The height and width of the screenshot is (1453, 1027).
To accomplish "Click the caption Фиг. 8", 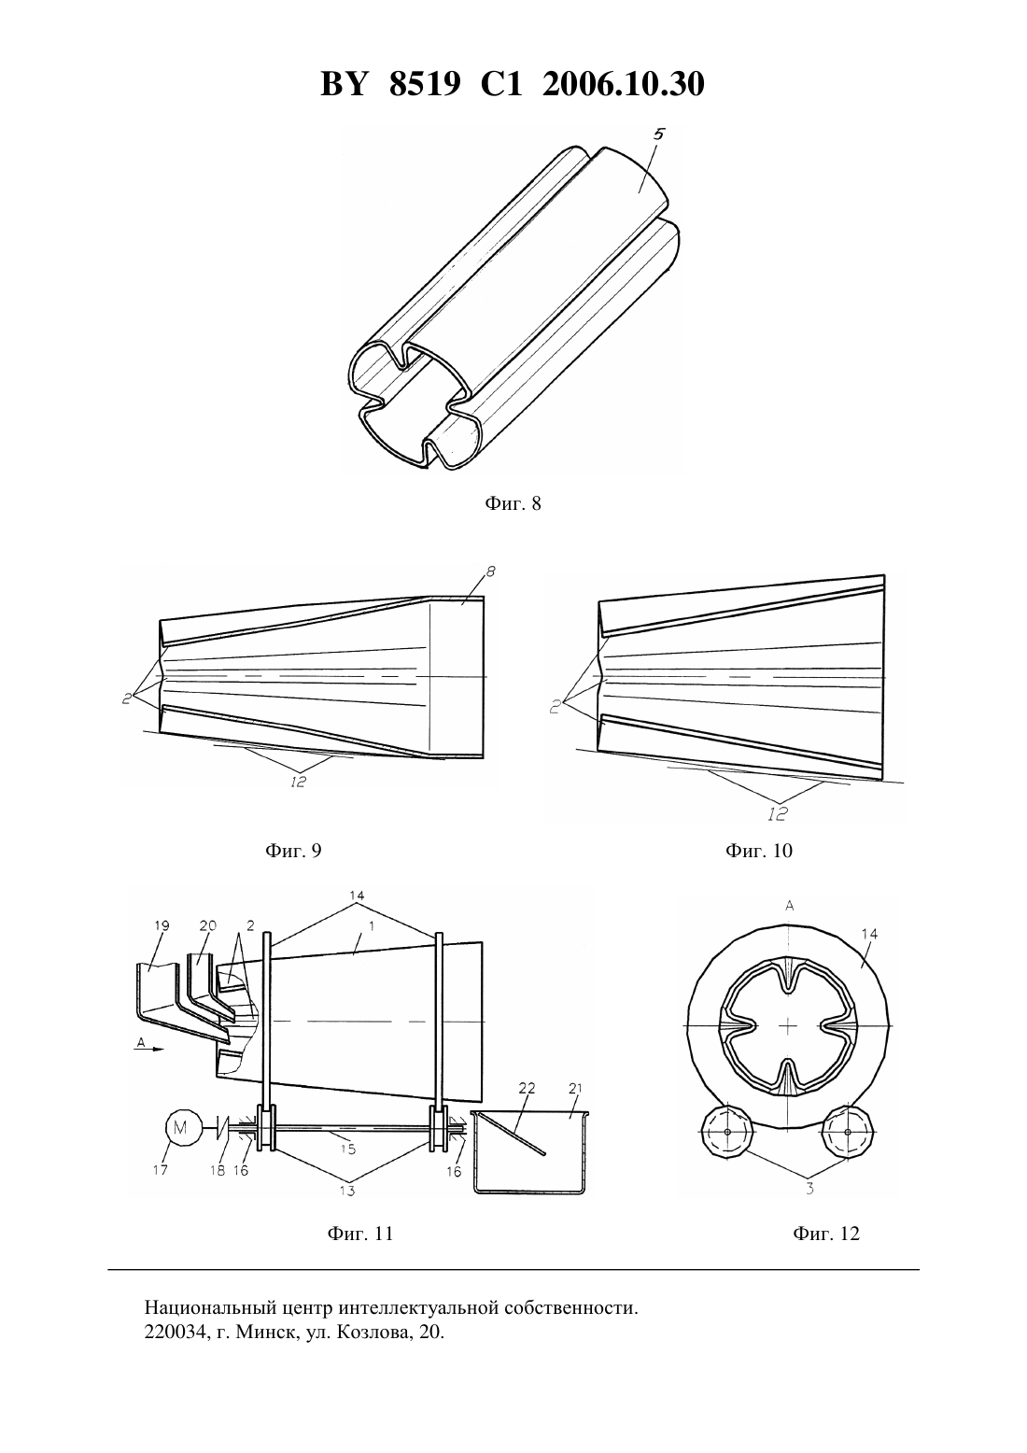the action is coord(513,503).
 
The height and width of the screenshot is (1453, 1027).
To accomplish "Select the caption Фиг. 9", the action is coord(293,851).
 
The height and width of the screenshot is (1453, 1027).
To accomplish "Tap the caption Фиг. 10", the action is coord(758,851).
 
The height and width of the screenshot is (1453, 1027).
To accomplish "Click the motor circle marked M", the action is coord(179,1128).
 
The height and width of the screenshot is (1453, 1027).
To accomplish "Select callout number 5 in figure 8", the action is coord(659,134).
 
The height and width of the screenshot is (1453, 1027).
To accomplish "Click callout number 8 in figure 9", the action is coord(490,571).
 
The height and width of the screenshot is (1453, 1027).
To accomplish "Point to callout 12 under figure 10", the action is coord(777,813).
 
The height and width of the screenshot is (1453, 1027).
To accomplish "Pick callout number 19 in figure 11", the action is coord(162,925).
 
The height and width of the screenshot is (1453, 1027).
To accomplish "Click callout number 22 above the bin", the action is coord(527,1088).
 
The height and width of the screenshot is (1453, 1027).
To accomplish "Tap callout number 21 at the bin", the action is coord(576,1088).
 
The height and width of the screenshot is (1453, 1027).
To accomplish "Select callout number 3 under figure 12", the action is coord(809,1189).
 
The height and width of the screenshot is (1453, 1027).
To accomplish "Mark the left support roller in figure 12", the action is coord(726,1131).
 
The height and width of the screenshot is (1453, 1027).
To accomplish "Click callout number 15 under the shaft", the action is coord(347,1149).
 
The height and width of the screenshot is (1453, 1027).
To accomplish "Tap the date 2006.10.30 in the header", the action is coord(623,85).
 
